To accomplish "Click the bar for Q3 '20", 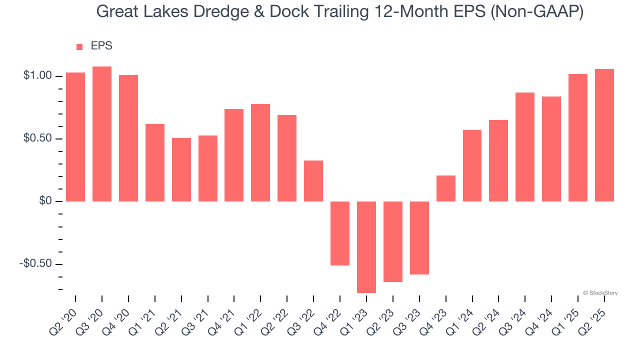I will (102, 134).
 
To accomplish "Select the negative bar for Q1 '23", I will (366, 247).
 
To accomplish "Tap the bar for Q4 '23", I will (446, 188).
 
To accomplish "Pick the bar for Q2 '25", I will (604, 135).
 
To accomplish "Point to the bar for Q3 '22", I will (313, 181).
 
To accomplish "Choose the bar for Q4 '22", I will (340, 233).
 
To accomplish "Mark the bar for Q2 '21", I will (181, 169).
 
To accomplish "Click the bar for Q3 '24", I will (525, 147).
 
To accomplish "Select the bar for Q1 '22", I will (260, 152).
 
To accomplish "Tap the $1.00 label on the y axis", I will (37, 76).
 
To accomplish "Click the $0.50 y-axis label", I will (37, 138).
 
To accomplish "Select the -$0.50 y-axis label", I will (35, 263).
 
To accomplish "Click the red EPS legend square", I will (79, 47).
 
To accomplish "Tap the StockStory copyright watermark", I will (600, 293).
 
